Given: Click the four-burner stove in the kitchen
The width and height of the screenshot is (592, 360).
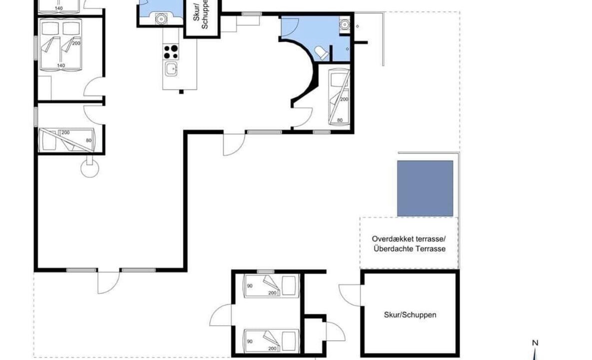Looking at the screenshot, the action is click(171, 52).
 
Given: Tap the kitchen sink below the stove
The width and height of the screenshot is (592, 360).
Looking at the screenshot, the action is click(171, 69).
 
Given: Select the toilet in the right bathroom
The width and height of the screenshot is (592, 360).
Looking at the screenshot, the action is click(321, 53).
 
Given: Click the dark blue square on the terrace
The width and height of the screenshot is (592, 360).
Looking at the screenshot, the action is click(425, 188).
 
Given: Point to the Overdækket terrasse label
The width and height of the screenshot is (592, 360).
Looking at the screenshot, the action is click(409, 238).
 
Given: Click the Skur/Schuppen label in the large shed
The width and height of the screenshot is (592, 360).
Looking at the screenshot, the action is click(410, 314).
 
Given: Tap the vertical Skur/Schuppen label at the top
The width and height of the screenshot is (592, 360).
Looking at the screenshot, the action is click(201, 15).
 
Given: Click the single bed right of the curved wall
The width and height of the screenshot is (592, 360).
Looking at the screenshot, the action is click(339, 96).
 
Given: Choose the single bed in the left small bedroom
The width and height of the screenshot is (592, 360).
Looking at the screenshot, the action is click(66, 140).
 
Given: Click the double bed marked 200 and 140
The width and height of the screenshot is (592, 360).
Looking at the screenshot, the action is click(60, 44).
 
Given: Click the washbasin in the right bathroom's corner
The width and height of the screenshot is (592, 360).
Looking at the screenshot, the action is click(345, 24).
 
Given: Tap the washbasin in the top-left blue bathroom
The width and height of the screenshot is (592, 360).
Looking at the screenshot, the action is click(161, 18).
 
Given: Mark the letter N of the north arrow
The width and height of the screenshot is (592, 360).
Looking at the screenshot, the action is click(535, 343).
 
